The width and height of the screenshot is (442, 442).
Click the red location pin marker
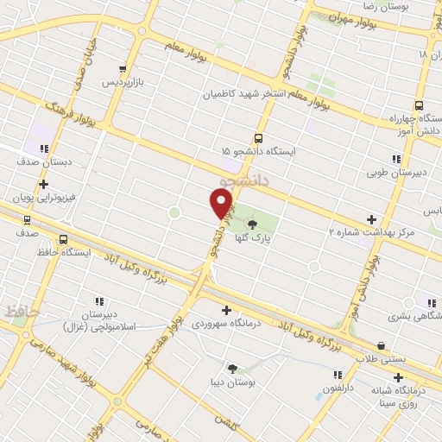click(222, 203)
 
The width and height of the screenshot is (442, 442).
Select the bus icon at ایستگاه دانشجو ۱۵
click(258, 138)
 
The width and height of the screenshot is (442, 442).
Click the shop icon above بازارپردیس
click(124, 69)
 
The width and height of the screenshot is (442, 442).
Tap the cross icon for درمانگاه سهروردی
click(226, 309)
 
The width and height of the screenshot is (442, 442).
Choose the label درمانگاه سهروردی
click(226, 323)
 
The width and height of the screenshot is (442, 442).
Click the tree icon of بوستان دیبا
click(232, 368)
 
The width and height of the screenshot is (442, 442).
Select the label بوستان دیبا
click(232, 382)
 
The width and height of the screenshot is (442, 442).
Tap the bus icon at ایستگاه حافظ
click(63, 240)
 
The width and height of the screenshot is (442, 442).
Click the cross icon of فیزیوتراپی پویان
click(43, 185)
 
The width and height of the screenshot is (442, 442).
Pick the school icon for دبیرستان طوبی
click(396, 159)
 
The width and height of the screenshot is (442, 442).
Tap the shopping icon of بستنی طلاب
click(382, 346)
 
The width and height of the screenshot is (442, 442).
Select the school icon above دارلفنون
click(338, 375)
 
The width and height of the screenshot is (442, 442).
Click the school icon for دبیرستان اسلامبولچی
click(99, 301)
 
